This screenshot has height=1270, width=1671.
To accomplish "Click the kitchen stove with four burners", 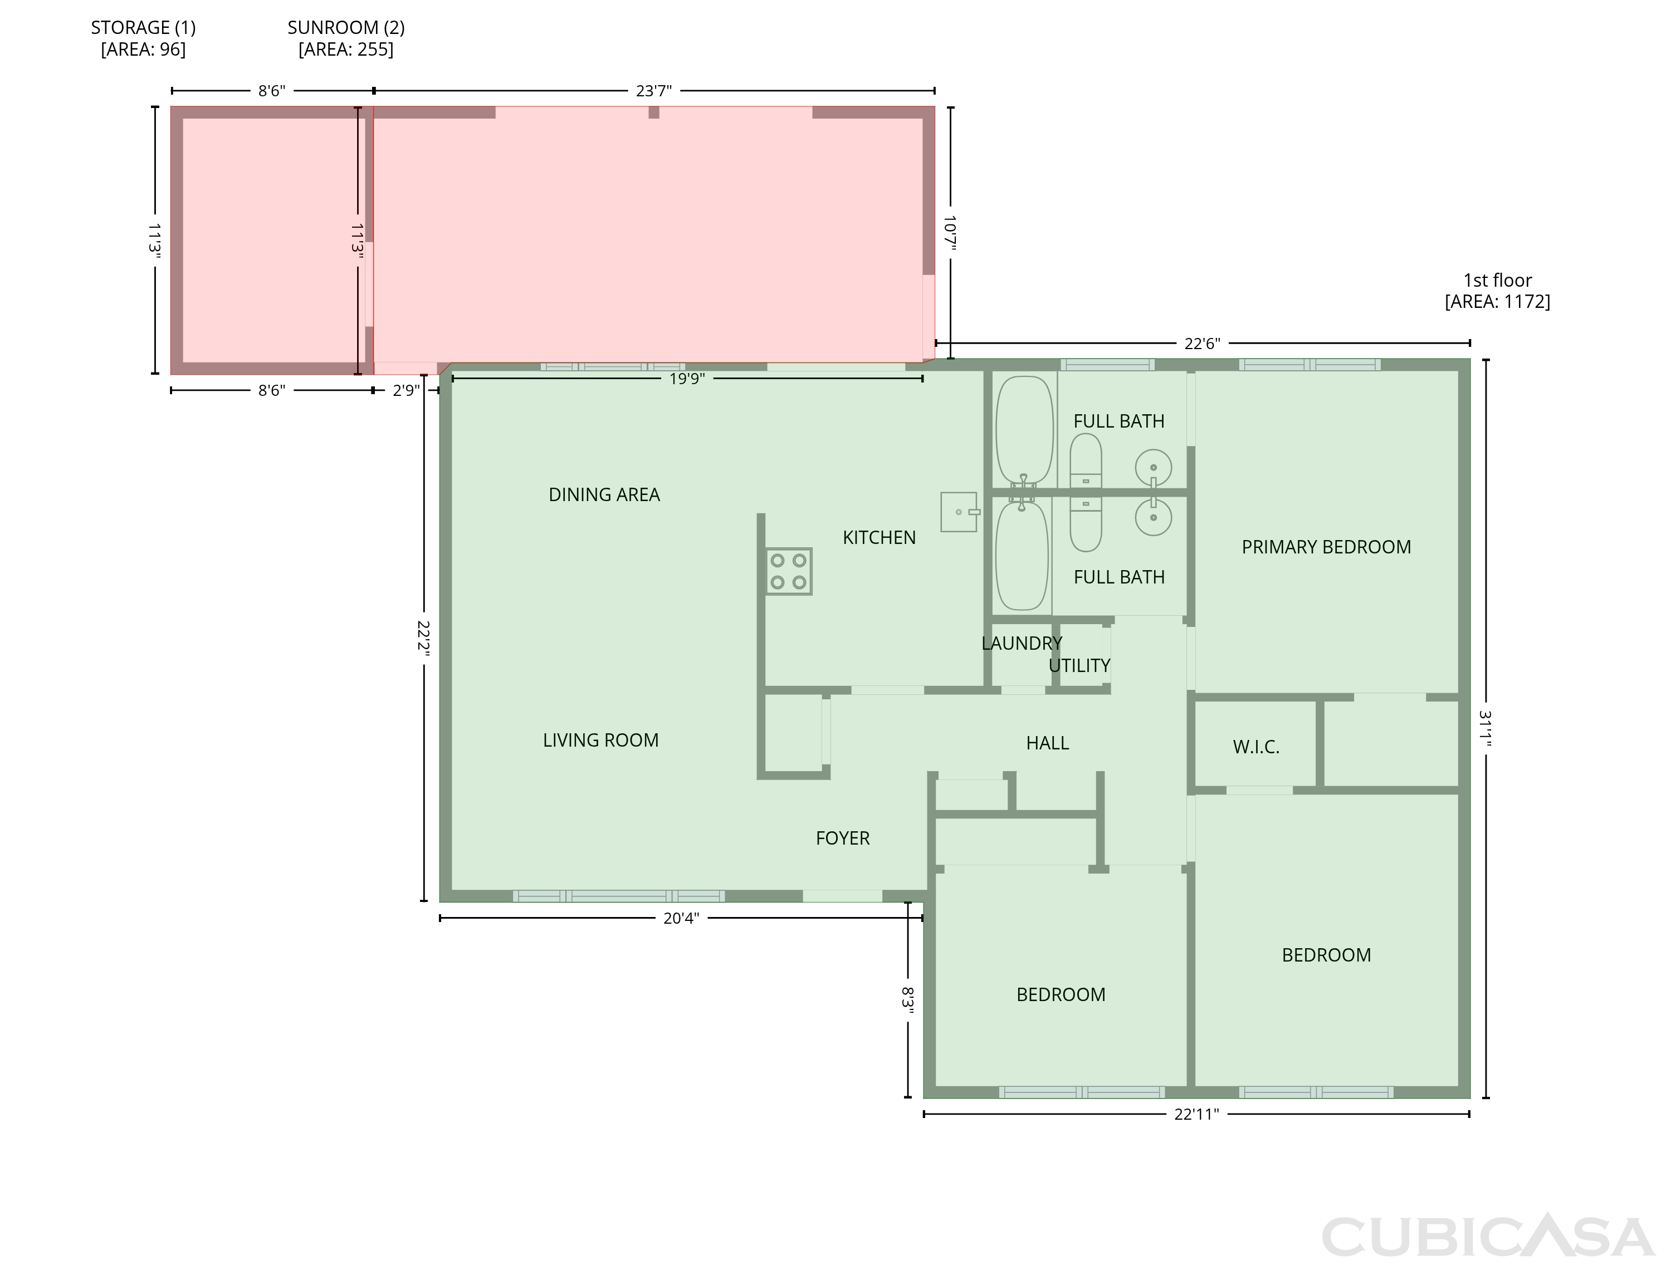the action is coord(789,571).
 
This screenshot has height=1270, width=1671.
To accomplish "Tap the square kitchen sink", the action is coord(960,512).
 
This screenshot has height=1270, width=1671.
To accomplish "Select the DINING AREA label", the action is coord(604,495).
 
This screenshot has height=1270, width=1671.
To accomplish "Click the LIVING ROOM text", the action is coord(601,741).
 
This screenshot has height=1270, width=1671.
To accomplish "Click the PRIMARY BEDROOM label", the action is coord(1326,547).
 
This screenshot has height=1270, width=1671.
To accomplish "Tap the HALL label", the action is coord(1048,744).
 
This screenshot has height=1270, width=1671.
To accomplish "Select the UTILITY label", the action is coord(1079,666).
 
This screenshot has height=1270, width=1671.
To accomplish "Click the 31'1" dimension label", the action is coord(1486,728).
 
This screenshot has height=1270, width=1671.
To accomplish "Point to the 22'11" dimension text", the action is coord(1197,1114).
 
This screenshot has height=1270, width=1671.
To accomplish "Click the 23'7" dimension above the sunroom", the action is coord(654,91).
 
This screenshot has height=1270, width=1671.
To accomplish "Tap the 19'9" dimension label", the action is coord(687,379).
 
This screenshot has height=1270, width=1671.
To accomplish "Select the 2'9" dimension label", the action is coord(406,391).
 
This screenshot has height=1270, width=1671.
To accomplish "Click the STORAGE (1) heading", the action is coord(144,28).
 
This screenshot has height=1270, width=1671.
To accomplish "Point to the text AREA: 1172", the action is coord(1498,302).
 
